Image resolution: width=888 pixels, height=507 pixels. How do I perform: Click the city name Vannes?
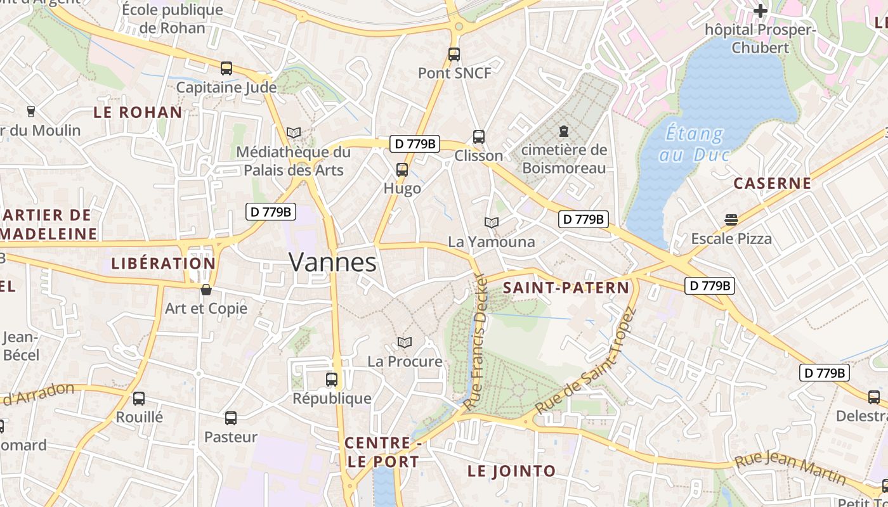coord(332,262)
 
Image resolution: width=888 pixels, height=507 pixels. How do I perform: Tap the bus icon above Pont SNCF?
coord(454,55)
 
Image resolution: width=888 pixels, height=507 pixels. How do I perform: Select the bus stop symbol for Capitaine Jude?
coord(226,68)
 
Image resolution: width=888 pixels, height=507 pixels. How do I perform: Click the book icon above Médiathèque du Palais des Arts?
coord(293,132)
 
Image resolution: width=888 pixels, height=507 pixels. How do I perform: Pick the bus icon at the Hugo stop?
coord(402,170)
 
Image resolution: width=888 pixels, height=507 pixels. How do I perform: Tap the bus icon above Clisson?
coord(479,137)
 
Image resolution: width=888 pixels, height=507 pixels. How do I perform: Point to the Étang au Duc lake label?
coord(694,144)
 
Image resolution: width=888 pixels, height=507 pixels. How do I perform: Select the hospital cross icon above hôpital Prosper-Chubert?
coord(760,11)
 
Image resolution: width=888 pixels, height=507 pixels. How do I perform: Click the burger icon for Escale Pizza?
coord(731,220)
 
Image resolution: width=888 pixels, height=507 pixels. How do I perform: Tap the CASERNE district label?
coord(772,184)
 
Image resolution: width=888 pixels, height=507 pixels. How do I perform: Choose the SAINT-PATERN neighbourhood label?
coord(566,288)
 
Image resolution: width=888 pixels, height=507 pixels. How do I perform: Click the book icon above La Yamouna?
coord(492,222)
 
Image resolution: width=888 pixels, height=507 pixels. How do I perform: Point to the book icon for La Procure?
coord(405,342)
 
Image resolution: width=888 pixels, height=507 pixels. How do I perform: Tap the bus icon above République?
coord(332,380)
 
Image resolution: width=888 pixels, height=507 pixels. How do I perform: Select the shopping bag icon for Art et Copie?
coord(206,290)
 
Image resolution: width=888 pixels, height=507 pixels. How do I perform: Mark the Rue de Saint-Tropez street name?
coord(585,361)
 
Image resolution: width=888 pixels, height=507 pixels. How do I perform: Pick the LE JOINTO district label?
coord(511,472)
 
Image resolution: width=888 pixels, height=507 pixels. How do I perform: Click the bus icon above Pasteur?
coord(231,418)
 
